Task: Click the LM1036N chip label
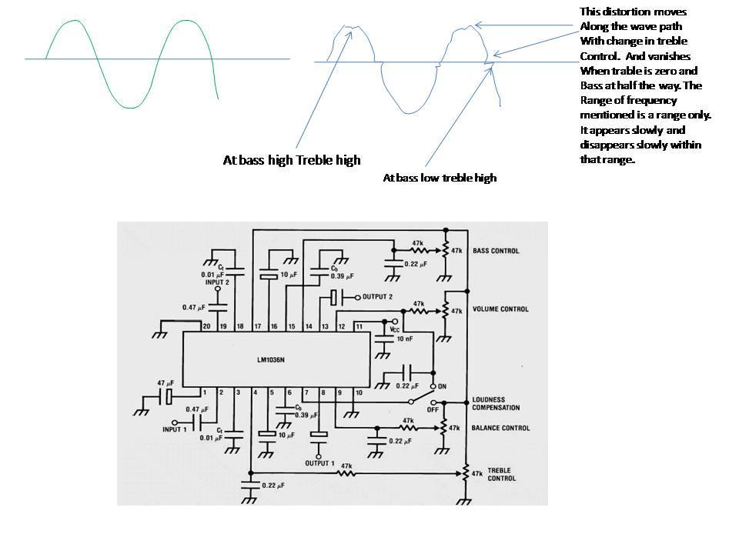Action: pos(270,360)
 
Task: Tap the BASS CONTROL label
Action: pos(496,251)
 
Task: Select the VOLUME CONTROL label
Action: pos(500,309)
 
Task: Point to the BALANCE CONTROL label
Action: pos(500,428)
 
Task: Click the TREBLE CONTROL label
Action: pos(501,475)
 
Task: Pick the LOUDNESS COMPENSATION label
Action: pos(496,404)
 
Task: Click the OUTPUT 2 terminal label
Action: pos(377,297)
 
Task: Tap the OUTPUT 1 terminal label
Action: pos(319,463)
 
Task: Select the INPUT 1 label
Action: pos(175,429)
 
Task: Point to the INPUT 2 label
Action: pos(217,282)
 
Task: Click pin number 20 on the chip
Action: pos(206,326)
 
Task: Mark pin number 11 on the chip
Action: pos(359,326)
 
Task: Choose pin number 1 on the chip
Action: pos(205,392)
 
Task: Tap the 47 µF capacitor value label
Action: pos(166,383)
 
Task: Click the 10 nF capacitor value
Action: pos(404,339)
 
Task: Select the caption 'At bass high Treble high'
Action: pos(292,161)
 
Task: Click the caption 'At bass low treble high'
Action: pos(440,178)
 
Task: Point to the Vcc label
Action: pos(394,330)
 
